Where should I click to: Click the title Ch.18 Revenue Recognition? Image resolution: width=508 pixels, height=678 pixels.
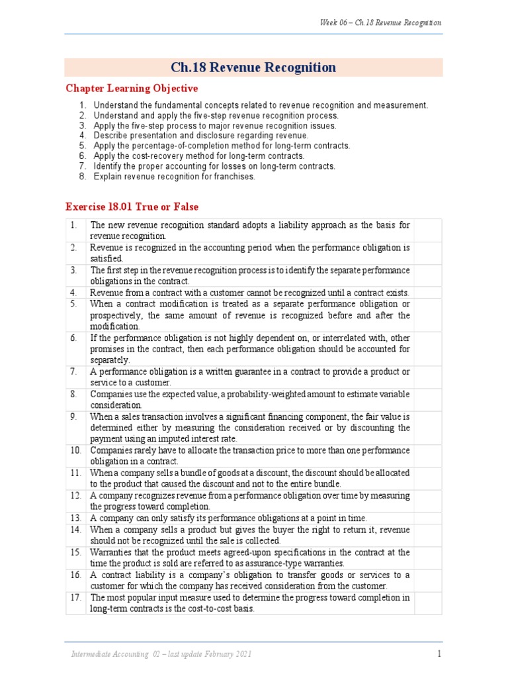(x=253, y=68)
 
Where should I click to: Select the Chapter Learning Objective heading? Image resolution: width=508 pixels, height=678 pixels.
(x=131, y=89)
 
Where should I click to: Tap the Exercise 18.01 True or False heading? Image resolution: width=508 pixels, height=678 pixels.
(x=131, y=207)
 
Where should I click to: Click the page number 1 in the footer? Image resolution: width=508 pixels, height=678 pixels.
(x=439, y=654)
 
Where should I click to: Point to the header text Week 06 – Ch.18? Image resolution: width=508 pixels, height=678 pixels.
(x=380, y=23)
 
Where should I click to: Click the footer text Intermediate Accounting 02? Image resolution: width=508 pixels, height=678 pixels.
(x=161, y=654)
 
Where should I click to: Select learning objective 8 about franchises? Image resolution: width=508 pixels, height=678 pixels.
(x=174, y=177)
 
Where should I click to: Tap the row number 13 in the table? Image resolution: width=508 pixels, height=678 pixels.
(x=75, y=518)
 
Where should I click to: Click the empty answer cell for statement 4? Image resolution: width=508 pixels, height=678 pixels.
(x=427, y=293)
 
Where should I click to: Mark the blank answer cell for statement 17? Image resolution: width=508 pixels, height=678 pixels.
(x=427, y=603)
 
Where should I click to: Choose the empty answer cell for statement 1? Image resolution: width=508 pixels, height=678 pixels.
(x=427, y=230)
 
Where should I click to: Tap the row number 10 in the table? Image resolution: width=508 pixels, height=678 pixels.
(x=75, y=450)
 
